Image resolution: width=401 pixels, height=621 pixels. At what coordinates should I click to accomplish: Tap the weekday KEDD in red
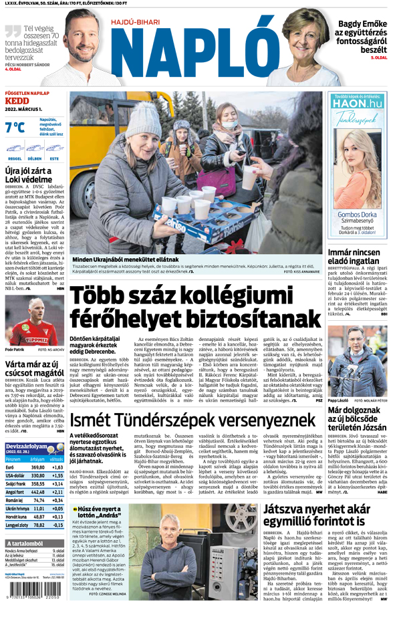coord(17,101)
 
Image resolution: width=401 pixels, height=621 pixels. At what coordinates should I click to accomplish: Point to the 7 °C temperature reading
coord(15,127)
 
